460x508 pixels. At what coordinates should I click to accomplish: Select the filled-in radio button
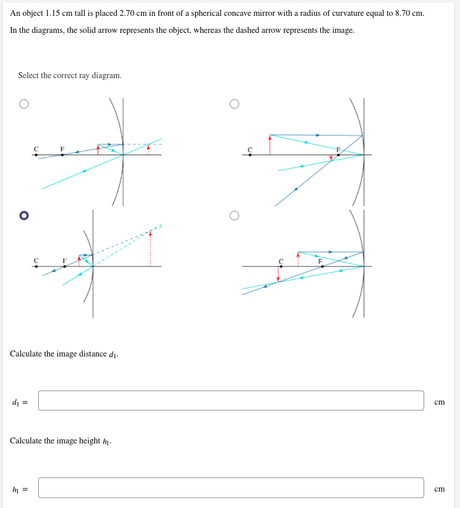[x=23, y=216]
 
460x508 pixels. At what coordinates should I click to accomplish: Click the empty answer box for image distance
[x=231, y=401]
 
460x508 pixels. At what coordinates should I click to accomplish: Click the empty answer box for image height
[x=231, y=487]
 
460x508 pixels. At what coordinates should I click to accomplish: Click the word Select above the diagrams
[x=29, y=76]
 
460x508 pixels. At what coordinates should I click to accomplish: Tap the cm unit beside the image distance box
[x=439, y=402]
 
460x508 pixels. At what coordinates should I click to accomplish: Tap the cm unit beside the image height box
[x=439, y=489]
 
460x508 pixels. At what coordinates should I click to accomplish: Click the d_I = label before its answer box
[x=20, y=402]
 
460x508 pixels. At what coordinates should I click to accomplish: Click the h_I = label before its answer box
[x=20, y=489]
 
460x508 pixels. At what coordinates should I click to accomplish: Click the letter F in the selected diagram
[x=65, y=260]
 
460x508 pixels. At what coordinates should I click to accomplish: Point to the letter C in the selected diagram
[x=36, y=260]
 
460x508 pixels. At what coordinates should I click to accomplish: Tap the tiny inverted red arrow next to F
[x=331, y=157]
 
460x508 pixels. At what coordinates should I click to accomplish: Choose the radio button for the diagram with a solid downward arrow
[x=234, y=216]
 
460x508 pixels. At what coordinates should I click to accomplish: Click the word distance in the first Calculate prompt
[x=90, y=354]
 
